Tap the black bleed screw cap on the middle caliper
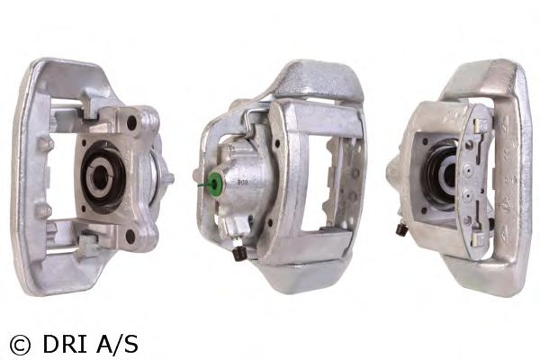coord(238,255)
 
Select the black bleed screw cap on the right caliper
coord(400,229)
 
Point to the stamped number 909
coord(243,183)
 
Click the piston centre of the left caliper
coord(100,176)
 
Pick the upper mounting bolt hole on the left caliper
coord(132,122)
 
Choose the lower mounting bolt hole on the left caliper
coord(130,236)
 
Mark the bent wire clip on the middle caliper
coord(248,118)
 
